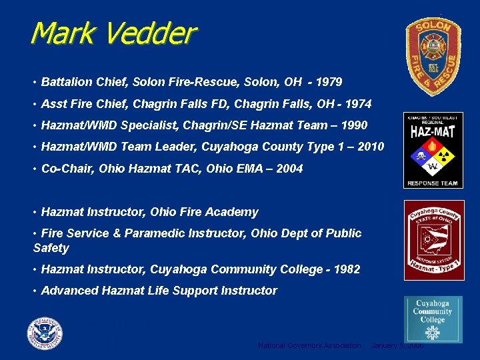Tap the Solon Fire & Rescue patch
coord(433,57)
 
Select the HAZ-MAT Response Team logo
coord(433,150)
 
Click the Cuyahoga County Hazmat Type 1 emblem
coord(433,240)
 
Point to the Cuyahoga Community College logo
coord(433,319)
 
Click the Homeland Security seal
coord(45,333)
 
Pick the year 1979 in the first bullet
coord(329,82)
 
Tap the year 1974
coord(359,103)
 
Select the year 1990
coord(353,125)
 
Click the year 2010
coord(371,146)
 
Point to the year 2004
coord(289,168)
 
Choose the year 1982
coord(347,269)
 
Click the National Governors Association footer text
coord(309,345)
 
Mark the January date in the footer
coord(397,345)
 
